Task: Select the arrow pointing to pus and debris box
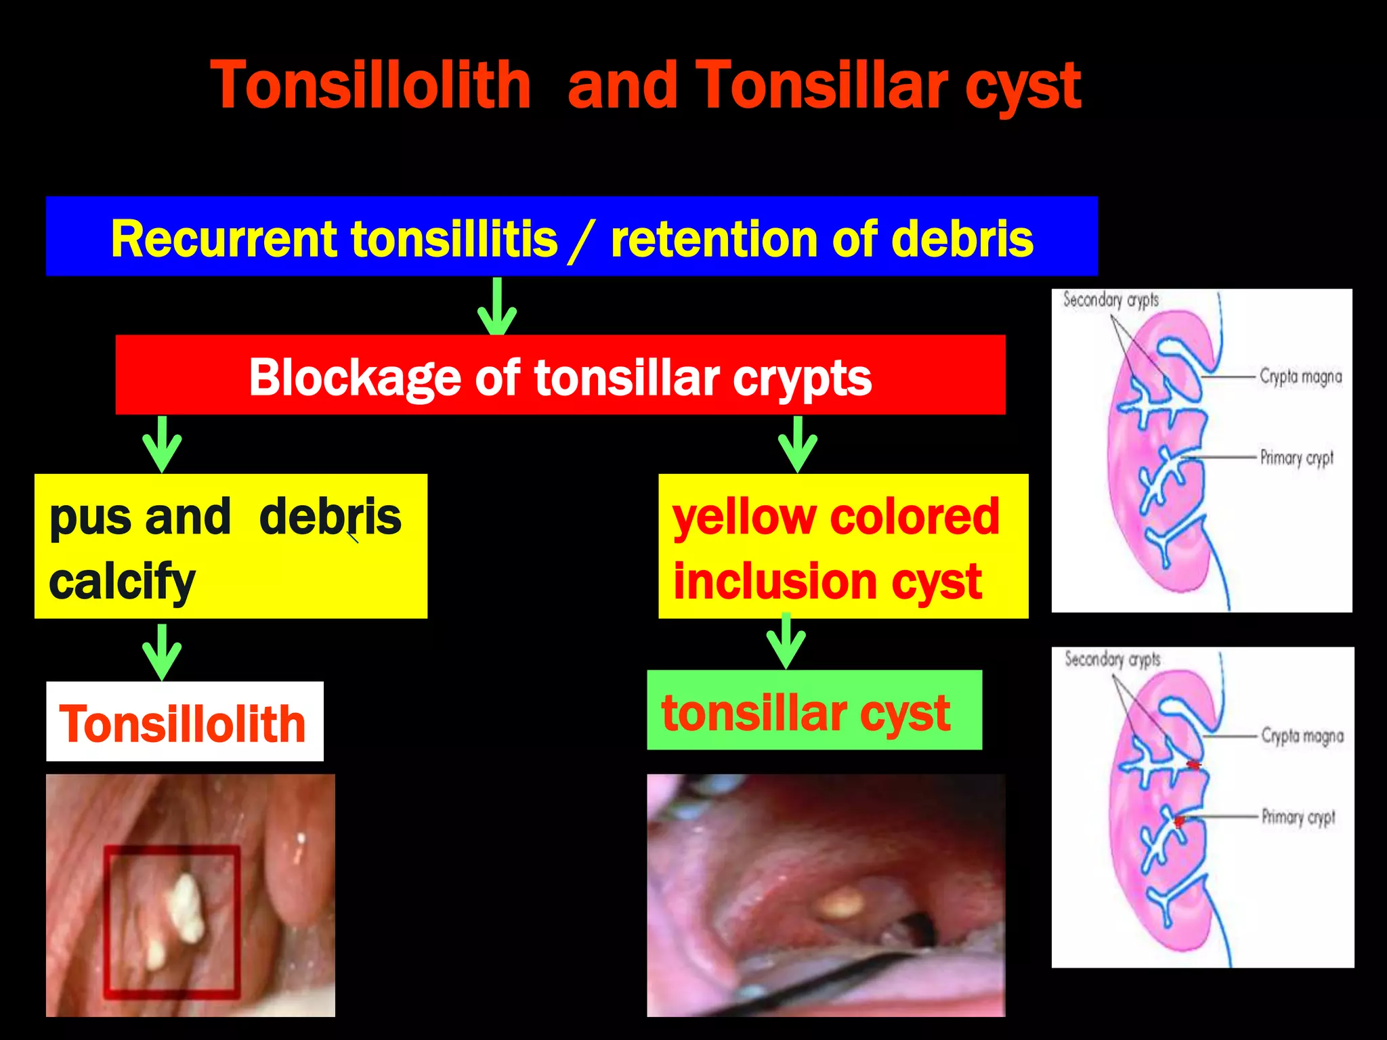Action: click(162, 445)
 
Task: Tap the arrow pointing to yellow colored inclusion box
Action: click(798, 445)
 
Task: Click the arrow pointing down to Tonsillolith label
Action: click(162, 652)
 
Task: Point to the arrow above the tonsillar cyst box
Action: click(786, 641)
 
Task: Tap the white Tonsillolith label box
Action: click(184, 722)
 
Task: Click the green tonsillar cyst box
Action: click(814, 710)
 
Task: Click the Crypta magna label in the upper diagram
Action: click(1300, 376)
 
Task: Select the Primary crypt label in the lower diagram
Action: click(1298, 817)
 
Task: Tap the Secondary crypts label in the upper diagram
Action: click(1111, 300)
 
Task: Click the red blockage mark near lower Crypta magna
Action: click(1194, 764)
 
